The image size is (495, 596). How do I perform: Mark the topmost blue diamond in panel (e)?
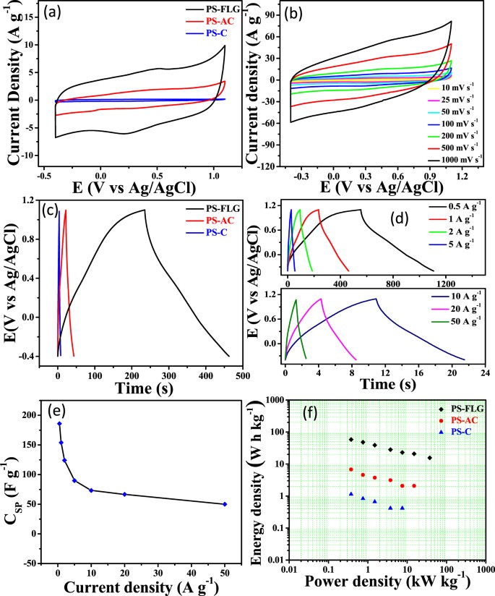pos(59,424)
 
